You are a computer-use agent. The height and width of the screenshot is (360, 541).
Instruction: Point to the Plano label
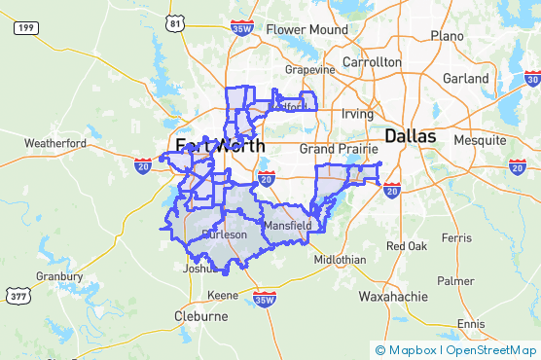click(x=448, y=36)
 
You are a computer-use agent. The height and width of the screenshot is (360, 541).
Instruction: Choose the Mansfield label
click(x=288, y=226)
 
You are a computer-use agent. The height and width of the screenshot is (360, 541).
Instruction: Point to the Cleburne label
click(x=201, y=317)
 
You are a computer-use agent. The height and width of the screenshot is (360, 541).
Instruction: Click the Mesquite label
click(x=480, y=139)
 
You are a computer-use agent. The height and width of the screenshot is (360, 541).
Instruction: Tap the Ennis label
click(x=470, y=323)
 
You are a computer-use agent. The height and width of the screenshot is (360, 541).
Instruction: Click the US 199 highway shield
click(x=25, y=28)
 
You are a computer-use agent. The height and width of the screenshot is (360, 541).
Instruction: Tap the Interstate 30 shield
click(x=531, y=78)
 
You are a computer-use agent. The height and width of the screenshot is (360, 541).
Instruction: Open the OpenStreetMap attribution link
click(x=490, y=350)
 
